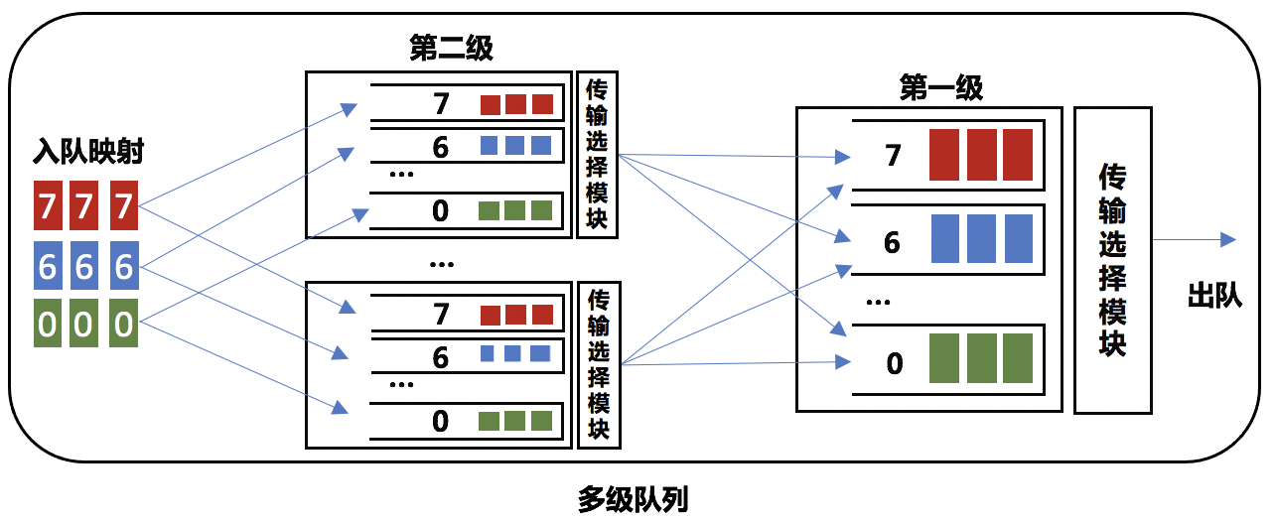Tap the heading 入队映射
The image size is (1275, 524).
click(x=89, y=153)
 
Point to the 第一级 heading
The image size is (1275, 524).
click(x=941, y=89)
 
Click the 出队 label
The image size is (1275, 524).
click(x=1214, y=296)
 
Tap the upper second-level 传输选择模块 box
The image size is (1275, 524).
click(x=598, y=155)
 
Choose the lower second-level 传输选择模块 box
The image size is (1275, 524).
click(x=598, y=364)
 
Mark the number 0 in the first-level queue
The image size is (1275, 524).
click(x=894, y=363)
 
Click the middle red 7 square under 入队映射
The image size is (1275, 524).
click(x=85, y=206)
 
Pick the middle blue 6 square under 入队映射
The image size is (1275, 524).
click(x=85, y=266)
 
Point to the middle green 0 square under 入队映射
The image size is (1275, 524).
click(x=85, y=324)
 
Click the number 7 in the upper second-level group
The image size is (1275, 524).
click(x=441, y=103)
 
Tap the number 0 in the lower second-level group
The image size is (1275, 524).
click(x=441, y=420)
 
